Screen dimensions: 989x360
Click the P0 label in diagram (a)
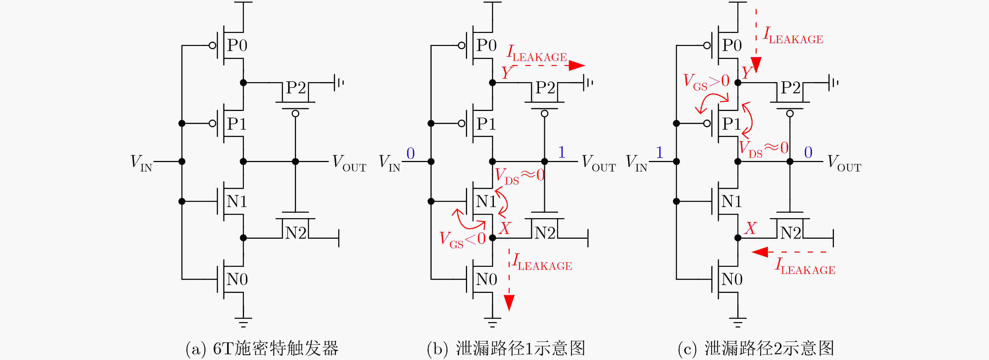[x=237, y=45]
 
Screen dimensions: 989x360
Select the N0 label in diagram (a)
[x=237, y=279]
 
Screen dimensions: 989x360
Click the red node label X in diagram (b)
[x=505, y=228]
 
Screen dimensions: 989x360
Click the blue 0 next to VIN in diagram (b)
[x=411, y=153]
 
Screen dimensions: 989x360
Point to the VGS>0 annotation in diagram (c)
[x=706, y=82]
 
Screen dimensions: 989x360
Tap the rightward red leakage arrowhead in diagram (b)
[x=577, y=65]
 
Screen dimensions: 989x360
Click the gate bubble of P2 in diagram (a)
[x=295, y=114]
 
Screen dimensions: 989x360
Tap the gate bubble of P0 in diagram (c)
[x=707, y=45]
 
